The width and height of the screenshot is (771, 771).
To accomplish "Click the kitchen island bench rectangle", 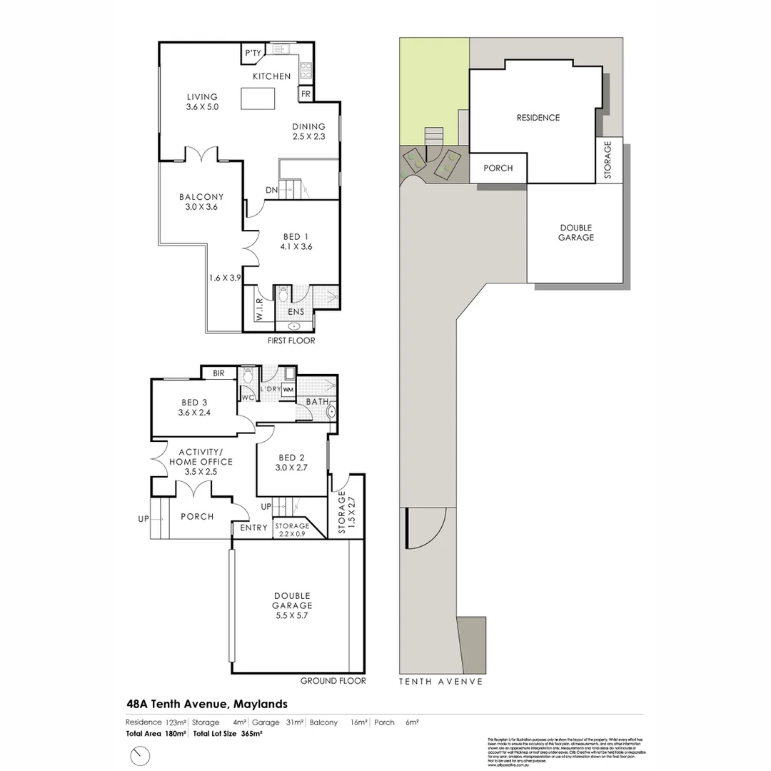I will pyautogui.click(x=261, y=99).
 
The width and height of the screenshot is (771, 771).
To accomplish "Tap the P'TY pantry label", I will pyautogui.click(x=253, y=53).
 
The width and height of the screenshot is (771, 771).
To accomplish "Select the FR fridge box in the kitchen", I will pyautogui.click(x=305, y=94).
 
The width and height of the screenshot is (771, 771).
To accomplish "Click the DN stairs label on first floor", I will pyautogui.click(x=271, y=191).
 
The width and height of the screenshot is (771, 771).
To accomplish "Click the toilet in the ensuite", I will pyautogui.click(x=283, y=294).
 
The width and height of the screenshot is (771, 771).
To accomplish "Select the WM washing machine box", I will pyautogui.click(x=288, y=390).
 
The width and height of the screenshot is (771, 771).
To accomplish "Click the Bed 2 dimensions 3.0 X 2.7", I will pyautogui.click(x=291, y=468).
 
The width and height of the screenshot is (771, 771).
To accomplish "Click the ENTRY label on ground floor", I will pyautogui.click(x=253, y=528).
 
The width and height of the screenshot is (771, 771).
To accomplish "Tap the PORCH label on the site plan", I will pyautogui.click(x=498, y=168).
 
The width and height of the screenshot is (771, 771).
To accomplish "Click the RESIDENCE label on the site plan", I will pyautogui.click(x=538, y=118).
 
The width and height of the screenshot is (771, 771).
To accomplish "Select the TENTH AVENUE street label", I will pyautogui.click(x=440, y=681).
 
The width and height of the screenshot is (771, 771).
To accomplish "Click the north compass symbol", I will pyautogui.click(x=141, y=755).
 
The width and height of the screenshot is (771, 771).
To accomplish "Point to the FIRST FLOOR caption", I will pyautogui.click(x=291, y=341).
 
